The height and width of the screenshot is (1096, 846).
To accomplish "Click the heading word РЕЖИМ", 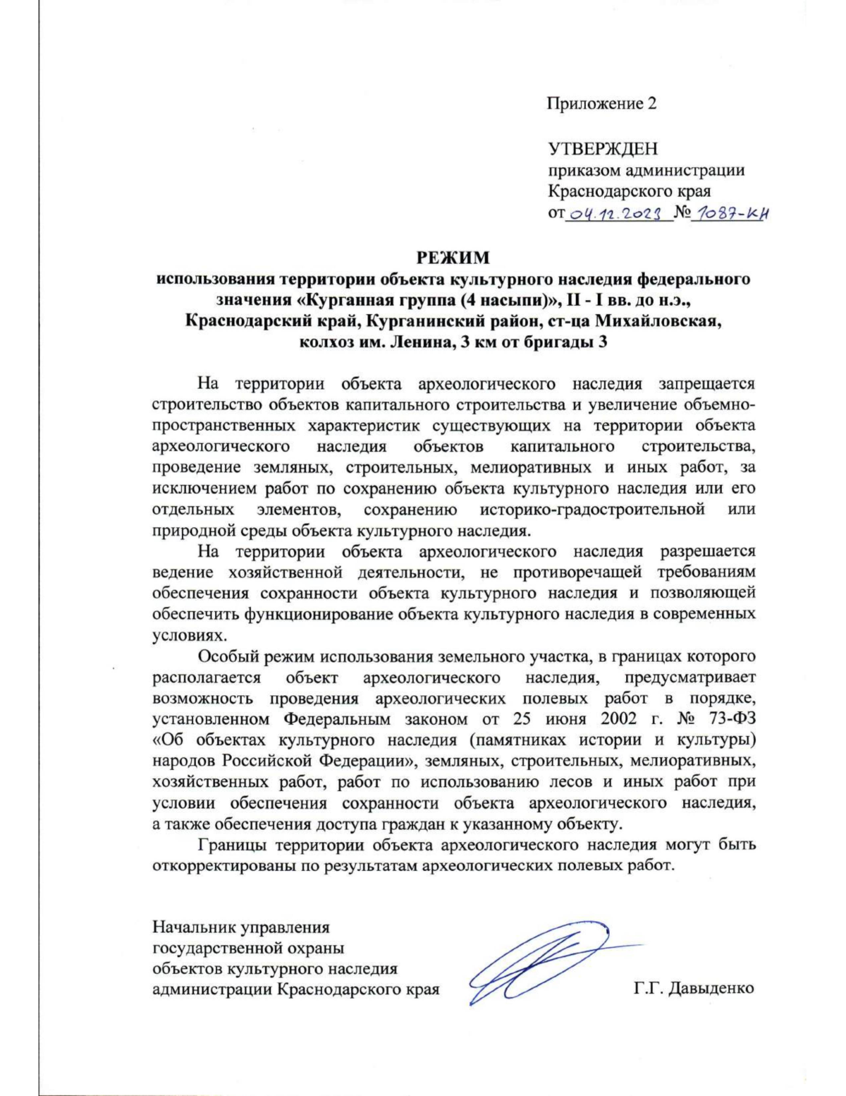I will pos(452,258).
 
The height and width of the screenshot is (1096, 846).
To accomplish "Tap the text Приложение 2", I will pos(601,104).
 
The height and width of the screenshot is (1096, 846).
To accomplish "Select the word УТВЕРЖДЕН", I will pos(603,149).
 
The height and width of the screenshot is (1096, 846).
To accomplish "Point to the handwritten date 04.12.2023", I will pos(618,212).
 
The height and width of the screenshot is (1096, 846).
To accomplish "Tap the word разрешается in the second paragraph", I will pos(707,550).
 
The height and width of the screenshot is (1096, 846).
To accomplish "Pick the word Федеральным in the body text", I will pos(337,719).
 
